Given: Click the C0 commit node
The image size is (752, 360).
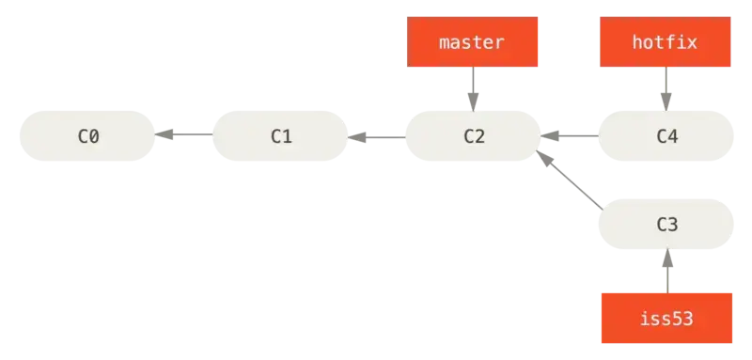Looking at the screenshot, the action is click(87, 136).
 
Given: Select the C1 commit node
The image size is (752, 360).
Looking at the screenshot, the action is click(280, 136).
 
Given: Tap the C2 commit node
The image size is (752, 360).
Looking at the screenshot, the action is click(474, 136).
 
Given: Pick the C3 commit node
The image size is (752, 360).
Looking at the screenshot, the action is click(666, 224).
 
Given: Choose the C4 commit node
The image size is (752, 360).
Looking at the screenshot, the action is click(666, 136).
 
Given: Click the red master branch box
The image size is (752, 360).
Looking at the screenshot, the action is click(473, 41).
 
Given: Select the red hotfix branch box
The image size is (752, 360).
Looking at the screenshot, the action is click(666, 41).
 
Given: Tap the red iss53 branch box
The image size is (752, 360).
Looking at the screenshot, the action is click(666, 318).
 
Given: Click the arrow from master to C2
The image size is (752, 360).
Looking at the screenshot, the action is click(474, 89).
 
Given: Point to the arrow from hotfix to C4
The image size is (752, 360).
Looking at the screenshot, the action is click(666, 89).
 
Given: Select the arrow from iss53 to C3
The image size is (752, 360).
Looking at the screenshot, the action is click(667, 271).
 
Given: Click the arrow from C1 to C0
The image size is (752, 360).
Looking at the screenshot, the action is click(183, 134).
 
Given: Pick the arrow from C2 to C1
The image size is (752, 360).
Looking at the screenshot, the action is click(377, 137).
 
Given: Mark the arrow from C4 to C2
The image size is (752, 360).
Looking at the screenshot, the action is click(570, 136).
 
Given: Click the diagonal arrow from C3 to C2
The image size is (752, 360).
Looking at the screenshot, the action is click(570, 180).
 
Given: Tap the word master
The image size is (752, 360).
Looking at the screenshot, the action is click(472, 42).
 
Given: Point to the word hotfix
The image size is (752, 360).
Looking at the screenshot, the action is click(665, 42).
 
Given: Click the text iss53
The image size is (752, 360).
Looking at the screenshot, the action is click(666, 319).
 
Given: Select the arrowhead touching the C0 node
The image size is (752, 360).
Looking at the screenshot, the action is click(164, 134).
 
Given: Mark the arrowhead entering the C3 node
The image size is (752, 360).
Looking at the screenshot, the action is click(667, 258).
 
